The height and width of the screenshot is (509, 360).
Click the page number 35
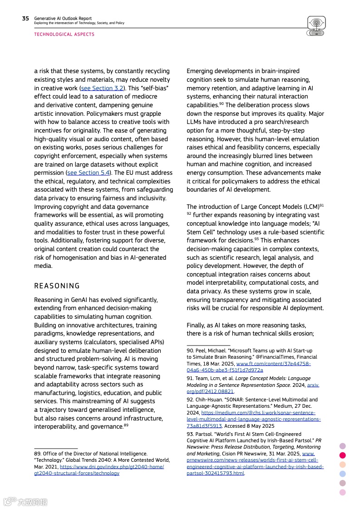tap(25, 19)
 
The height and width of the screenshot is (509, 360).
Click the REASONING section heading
tap(57, 286)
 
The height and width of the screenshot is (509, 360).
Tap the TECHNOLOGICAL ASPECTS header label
tap(64, 35)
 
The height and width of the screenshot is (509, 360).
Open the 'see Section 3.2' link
tap(102, 88)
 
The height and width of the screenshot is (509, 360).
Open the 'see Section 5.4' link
tap(89, 173)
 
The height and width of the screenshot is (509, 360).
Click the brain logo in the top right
tap(316, 25)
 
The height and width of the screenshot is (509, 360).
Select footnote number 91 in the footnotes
tap(190, 378)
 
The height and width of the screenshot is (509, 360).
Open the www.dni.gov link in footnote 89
tap(99, 469)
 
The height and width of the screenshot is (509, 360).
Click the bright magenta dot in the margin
tap(343, 455)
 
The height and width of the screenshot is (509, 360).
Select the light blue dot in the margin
tap(343, 474)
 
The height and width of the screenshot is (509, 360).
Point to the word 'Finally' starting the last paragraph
tap(197, 325)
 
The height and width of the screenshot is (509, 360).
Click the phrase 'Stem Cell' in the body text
tap(201, 232)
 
